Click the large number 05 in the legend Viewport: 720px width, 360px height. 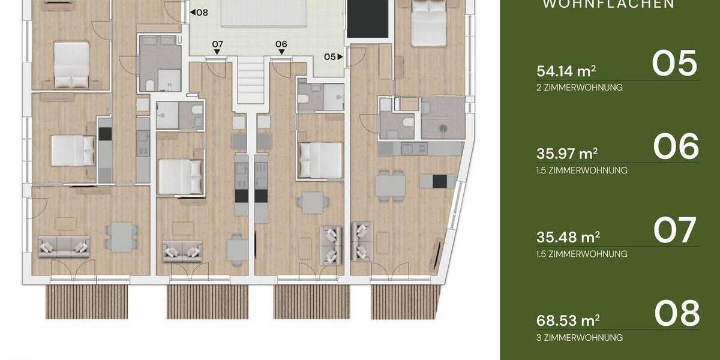click(x=675, y=64)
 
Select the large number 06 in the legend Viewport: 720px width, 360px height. click(x=676, y=147)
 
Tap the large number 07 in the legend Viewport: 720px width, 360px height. click(x=675, y=230)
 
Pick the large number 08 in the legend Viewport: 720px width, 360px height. click(x=676, y=313)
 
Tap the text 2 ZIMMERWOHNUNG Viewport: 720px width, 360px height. click(x=580, y=88)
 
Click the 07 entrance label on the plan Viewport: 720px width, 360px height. click(x=217, y=44)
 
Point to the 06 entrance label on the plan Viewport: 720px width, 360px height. click(x=281, y=44)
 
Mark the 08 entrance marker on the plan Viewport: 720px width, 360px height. click(x=199, y=11)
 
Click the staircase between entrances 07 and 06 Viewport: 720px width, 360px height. click(x=250, y=81)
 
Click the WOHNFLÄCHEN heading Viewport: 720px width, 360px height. click(x=608, y=4)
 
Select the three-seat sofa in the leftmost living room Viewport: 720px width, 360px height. click(x=64, y=246)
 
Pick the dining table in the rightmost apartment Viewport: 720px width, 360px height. click(x=390, y=184)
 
